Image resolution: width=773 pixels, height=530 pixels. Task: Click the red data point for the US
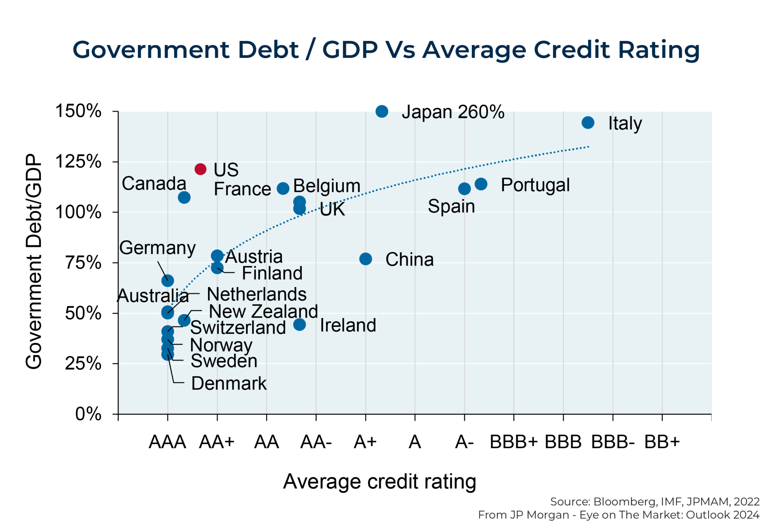[x=200, y=169]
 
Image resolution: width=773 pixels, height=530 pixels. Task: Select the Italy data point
[x=588, y=122]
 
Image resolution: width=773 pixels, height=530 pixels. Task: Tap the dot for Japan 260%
[x=382, y=111]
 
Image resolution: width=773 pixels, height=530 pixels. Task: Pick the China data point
[x=365, y=259]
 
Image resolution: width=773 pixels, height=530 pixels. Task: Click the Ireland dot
[x=299, y=324]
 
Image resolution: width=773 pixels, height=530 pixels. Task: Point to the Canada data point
[x=184, y=197]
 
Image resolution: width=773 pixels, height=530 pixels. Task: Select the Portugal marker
[x=480, y=184]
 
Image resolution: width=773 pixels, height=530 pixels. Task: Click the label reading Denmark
[x=229, y=383]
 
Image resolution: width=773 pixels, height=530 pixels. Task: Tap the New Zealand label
[x=263, y=311]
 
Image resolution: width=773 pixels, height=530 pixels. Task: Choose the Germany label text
[x=157, y=248]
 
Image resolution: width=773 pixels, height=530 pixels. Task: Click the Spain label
[x=451, y=206]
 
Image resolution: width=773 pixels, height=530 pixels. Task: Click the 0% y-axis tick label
[x=88, y=414]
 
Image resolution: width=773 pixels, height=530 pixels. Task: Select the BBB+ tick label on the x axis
[x=513, y=442]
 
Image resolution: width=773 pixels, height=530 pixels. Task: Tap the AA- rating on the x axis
[x=316, y=442]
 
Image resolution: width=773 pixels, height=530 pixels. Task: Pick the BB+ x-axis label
[x=662, y=442]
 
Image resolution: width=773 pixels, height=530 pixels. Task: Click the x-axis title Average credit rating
[x=379, y=482]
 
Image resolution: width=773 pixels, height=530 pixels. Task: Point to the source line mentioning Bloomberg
[x=654, y=502]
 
